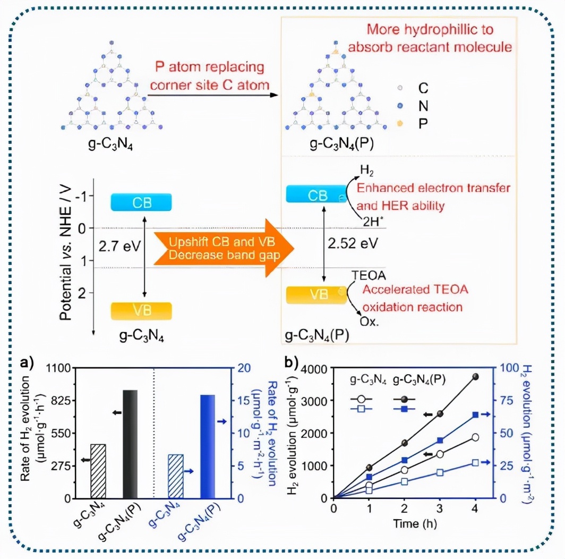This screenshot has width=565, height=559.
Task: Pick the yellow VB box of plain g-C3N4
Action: coord(141,311)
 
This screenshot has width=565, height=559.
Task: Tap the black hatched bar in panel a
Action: coord(98,471)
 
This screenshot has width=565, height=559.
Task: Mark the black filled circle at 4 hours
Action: coord(475,377)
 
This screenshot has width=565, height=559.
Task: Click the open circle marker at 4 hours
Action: coord(475,437)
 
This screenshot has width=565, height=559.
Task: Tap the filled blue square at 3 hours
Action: coord(440,441)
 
